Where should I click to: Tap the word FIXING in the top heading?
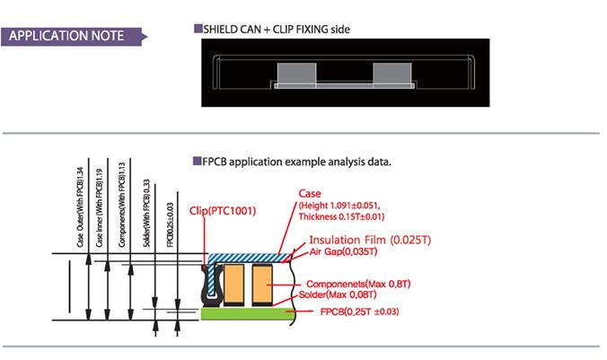pos(304,30)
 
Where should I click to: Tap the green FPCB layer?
pos(251,312)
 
